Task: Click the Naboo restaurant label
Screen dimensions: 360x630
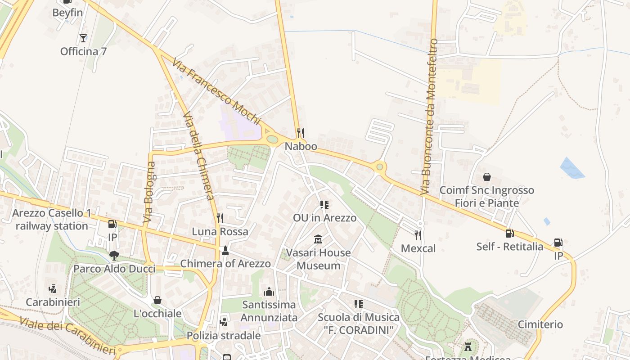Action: pos(301,146)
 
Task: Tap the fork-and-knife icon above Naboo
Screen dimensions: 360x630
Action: pos(301,133)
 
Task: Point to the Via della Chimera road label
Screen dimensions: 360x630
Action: pos(198,155)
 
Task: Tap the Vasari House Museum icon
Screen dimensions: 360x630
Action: pos(318,238)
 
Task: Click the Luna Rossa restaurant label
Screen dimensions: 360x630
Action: pos(220,232)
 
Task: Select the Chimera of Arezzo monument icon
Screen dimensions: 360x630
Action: pos(225,250)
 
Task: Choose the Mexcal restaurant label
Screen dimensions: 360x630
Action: pos(418,248)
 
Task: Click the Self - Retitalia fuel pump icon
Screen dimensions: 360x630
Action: pos(509,233)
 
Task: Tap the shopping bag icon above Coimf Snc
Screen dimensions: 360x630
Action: pos(486,177)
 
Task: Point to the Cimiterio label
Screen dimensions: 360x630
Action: pos(540,324)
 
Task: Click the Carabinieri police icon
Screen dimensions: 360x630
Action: pos(53,288)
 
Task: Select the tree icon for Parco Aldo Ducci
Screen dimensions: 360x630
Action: pos(114,256)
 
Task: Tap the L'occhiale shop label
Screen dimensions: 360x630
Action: pos(157,314)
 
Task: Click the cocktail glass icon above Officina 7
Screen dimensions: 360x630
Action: pos(83,38)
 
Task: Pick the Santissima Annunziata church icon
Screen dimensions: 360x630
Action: pos(269,292)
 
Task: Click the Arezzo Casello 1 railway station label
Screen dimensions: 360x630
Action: pos(51,219)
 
